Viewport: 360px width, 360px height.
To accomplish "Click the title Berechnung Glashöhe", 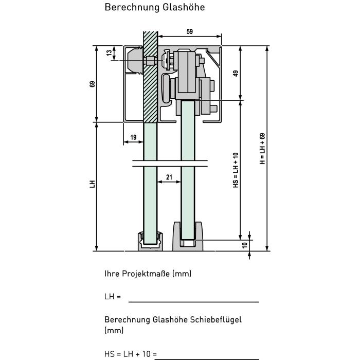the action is pyautogui.click(x=154, y=7).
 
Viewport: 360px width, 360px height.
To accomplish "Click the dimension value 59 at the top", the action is pyautogui.click(x=190, y=32).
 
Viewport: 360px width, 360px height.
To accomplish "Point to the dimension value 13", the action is pyautogui.click(x=109, y=53).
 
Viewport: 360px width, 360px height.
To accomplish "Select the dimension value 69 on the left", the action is pyautogui.click(x=92, y=84).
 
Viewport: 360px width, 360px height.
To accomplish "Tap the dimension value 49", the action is pyautogui.click(x=236, y=74).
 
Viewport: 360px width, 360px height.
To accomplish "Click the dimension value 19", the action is pyautogui.click(x=133, y=137).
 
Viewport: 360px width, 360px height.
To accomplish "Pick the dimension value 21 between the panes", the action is pyautogui.click(x=169, y=177).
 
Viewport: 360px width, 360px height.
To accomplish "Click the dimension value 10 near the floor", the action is pyautogui.click(x=245, y=245).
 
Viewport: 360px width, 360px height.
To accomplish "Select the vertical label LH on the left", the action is pyautogui.click(x=92, y=184).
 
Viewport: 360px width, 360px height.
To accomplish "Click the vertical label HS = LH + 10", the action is pyautogui.click(x=236, y=170).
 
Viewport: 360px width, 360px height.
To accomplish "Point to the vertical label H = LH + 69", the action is pyautogui.click(x=262, y=149).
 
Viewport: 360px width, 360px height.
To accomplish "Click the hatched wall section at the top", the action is pyautogui.click(x=150, y=77).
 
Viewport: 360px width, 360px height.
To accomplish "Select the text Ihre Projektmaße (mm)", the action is pyautogui.click(x=148, y=274).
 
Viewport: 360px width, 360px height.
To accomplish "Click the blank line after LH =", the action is pyautogui.click(x=194, y=302).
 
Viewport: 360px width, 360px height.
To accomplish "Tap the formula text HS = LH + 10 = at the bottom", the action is pyautogui.click(x=131, y=354).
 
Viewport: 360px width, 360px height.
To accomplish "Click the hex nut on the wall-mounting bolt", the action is pyautogui.click(x=150, y=61).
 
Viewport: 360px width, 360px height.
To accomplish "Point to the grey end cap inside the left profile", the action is pyautogui.click(x=135, y=60).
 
